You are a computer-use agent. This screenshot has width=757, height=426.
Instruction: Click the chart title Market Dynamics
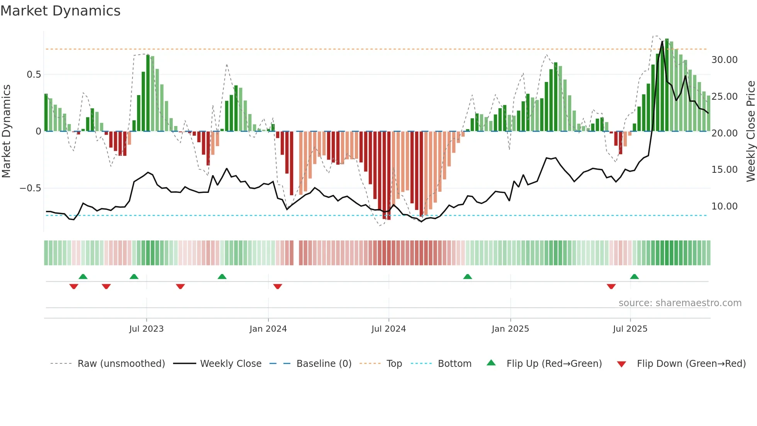(60, 11)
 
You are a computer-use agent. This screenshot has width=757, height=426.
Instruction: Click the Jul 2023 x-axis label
(146, 329)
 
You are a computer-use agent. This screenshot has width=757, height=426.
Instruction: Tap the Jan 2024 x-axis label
(268, 329)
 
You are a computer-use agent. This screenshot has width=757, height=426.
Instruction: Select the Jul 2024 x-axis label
(389, 329)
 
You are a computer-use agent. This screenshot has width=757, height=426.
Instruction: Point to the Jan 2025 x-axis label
(510, 329)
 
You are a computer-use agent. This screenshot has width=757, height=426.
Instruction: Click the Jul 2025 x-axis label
(630, 329)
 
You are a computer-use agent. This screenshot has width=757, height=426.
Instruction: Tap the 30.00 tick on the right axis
(724, 60)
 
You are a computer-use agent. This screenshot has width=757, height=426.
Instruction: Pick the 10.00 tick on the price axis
(724, 206)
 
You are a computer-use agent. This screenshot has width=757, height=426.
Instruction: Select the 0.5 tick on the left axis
(34, 75)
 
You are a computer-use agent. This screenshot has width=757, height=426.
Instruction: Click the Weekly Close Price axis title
(750, 131)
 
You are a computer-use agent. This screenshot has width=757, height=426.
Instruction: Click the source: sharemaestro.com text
(680, 303)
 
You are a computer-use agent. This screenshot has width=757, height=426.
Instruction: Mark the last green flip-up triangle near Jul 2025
(634, 277)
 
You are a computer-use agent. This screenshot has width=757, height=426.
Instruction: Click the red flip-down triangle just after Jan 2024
(278, 286)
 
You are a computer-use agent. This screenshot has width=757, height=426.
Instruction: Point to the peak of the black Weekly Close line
(662, 41)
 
